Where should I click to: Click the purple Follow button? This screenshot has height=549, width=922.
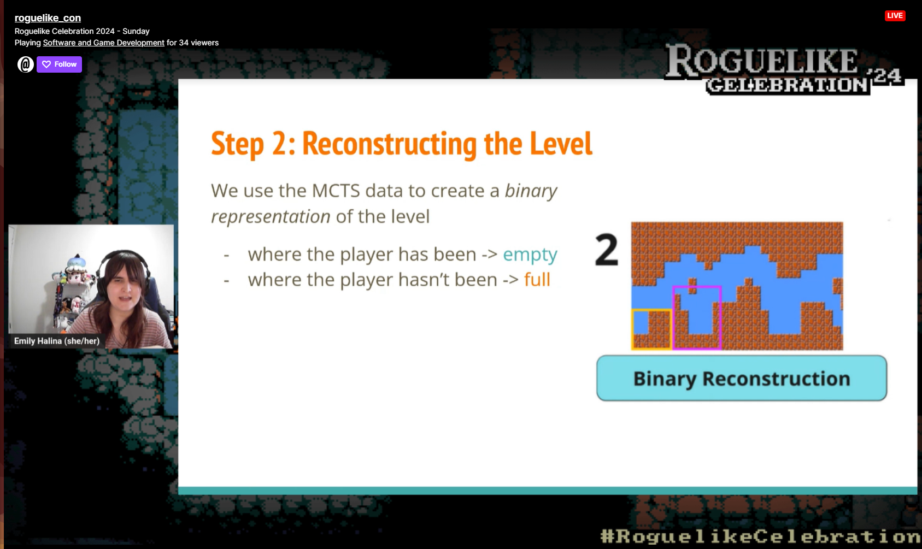click(59, 64)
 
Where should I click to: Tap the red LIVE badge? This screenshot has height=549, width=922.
click(895, 16)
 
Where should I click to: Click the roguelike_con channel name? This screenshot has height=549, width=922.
click(48, 17)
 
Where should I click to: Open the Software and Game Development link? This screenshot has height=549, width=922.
click(104, 43)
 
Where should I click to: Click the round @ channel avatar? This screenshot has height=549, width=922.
click(25, 64)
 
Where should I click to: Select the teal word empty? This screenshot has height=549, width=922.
click(530, 255)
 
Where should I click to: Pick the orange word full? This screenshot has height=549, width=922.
click(537, 280)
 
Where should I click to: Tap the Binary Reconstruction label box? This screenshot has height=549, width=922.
click(742, 378)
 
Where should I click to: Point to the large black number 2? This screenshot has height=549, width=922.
click(607, 250)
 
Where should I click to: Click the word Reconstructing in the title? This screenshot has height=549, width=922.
click(390, 144)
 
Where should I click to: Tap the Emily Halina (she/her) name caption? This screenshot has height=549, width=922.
click(57, 341)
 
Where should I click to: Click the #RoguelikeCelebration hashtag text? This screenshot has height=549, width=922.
click(760, 536)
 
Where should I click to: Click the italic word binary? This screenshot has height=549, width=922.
click(531, 191)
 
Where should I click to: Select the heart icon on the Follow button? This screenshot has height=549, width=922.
click(46, 64)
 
